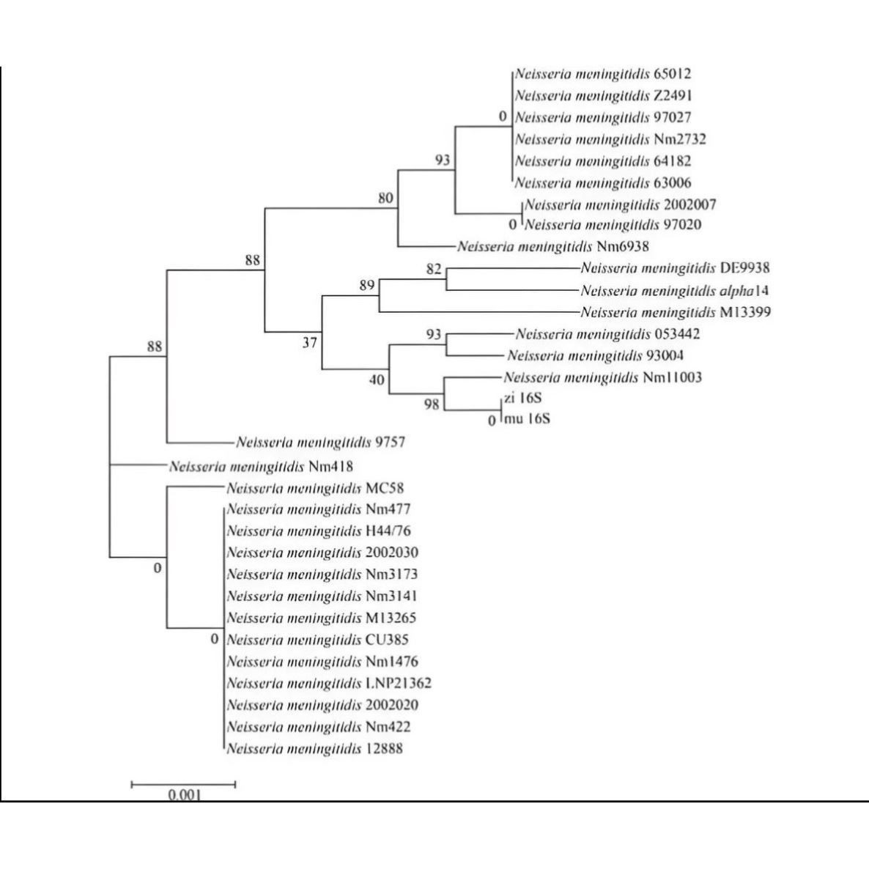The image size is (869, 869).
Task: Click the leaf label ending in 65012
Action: coord(603,74)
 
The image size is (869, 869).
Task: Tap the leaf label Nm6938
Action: coord(553,247)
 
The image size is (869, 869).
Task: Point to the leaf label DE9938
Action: coord(675,269)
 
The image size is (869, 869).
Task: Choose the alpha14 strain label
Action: coord(675,291)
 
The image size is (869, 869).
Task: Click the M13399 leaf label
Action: coord(676,313)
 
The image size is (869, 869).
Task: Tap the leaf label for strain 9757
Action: coord(320,443)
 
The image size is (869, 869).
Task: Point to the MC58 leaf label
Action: coord(315,488)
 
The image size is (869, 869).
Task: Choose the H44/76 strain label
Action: coord(324,530)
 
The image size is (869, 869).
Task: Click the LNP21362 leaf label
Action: coord(329,684)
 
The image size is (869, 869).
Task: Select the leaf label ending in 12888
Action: coord(315,749)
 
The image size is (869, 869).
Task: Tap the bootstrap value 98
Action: coord(433,403)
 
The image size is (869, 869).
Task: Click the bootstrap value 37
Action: coord(310,341)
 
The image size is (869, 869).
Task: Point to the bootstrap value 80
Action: coord(386,198)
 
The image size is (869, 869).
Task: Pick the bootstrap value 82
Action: coord(434,269)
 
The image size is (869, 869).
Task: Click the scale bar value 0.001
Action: coord(184,794)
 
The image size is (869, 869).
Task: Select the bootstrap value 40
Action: coord(377,380)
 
